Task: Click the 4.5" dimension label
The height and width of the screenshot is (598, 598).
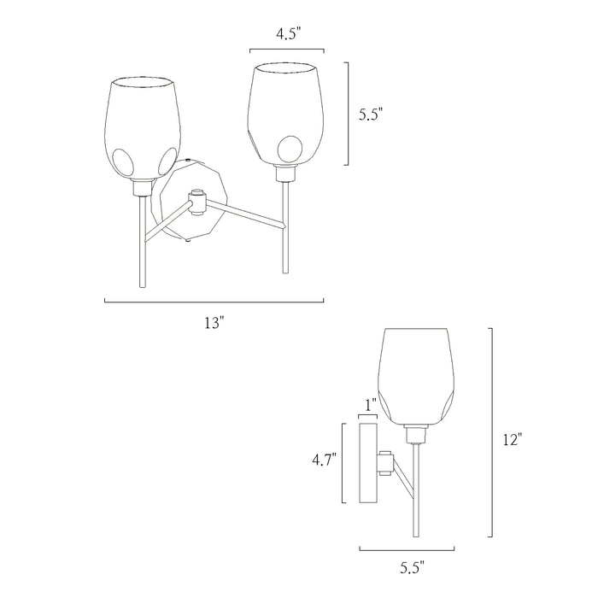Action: click(289, 34)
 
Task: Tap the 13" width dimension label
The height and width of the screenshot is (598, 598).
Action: click(214, 324)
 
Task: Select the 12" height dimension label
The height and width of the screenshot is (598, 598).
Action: click(512, 440)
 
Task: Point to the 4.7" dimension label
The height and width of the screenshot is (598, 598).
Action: click(324, 460)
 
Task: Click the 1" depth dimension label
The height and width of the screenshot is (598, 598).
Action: click(371, 405)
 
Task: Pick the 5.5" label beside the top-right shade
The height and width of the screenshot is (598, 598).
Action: click(370, 114)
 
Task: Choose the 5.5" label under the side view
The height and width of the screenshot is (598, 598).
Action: click(413, 569)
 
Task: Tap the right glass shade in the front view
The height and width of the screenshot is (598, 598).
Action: click(285, 114)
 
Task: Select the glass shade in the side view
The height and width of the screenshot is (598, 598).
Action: click(416, 377)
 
